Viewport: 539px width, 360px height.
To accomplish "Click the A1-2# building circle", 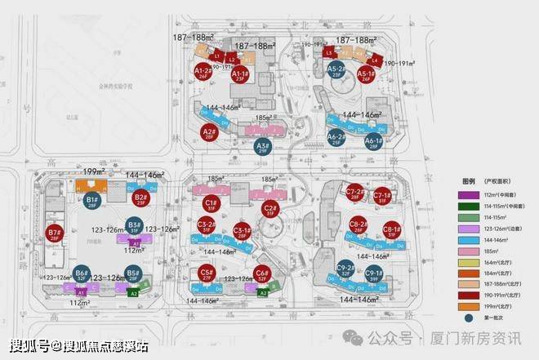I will pos(203,75).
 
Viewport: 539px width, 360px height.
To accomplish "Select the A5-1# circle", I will pos(365,76).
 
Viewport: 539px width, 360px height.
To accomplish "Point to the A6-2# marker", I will pos(336,140).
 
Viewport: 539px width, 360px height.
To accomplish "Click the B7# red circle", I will pos(56,234).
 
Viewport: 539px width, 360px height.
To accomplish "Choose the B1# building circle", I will pos(92,201).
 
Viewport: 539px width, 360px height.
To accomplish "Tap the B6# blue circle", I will pos(81,275).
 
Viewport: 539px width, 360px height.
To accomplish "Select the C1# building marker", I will pos(211,204).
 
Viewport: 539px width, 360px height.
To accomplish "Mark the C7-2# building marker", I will pos(354,194).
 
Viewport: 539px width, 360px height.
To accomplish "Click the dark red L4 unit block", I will pos(375,60).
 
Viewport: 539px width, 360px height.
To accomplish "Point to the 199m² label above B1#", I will pos(96,172).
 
